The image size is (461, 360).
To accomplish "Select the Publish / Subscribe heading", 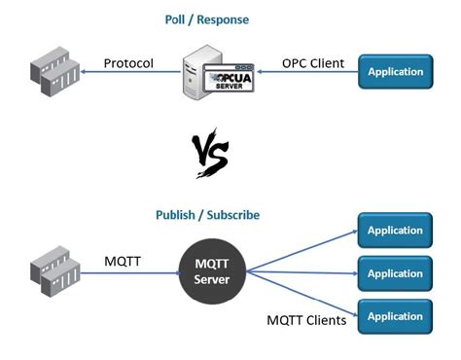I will pos(208,215).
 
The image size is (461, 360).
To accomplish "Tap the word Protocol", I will pos(128,64).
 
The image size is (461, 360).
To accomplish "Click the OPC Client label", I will pos(312,64).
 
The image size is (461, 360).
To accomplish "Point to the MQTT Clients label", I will pos(306,319).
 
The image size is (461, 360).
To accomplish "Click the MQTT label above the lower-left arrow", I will pos(124,260).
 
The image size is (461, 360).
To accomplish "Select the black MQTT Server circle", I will pos(212,274).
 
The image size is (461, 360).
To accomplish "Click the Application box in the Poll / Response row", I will pos(395,71).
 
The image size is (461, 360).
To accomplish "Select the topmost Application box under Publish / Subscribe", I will pos(395,231).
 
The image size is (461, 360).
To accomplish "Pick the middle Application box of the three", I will pos(395,273).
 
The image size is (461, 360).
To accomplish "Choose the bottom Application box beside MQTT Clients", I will pos(395,316).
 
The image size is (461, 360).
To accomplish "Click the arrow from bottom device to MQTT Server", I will pos(126,274).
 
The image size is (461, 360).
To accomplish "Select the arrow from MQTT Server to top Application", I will pos(301,250).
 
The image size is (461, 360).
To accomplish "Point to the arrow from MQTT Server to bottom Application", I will pos(301,297).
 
